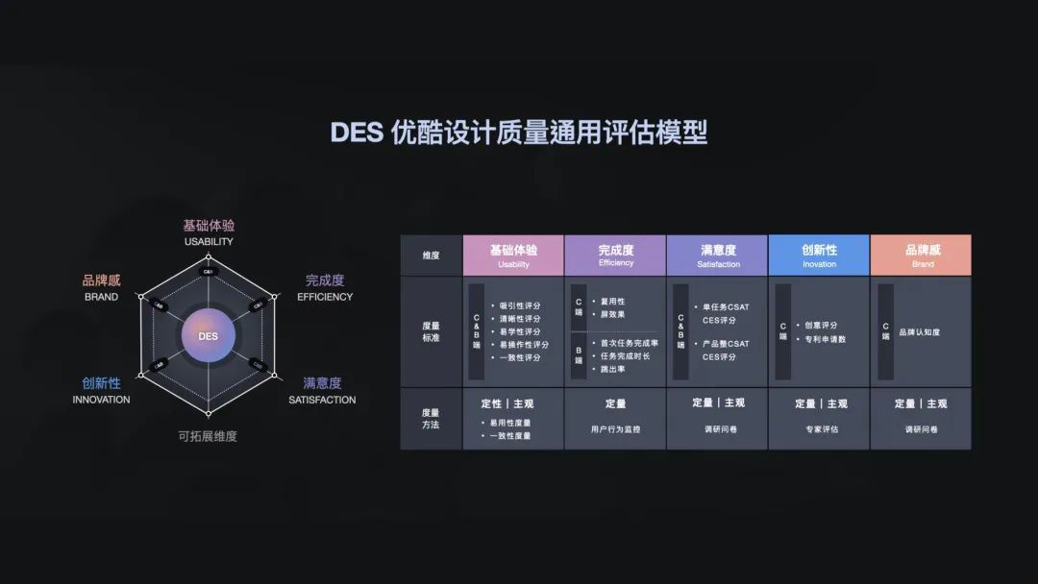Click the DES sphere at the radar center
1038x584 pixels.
pyautogui.click(x=209, y=336)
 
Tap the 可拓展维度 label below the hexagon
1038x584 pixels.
pyautogui.click(x=208, y=436)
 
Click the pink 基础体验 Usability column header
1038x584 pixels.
pyautogui.click(x=513, y=255)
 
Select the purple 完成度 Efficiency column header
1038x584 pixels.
pyautogui.click(x=615, y=255)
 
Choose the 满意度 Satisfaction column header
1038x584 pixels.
pyautogui.click(x=717, y=255)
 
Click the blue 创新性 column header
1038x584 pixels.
pyautogui.click(x=819, y=255)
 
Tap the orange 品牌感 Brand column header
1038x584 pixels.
pyautogui.click(x=921, y=255)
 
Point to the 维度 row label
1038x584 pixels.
pyautogui.click(x=431, y=255)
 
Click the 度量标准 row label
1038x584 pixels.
pyautogui.click(x=431, y=331)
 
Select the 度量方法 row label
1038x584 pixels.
pyautogui.click(x=431, y=418)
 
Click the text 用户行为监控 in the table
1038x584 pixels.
pyautogui.click(x=615, y=429)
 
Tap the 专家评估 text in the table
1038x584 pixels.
pyautogui.click(x=819, y=429)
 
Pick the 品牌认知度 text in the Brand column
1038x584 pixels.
pyautogui.click(x=919, y=332)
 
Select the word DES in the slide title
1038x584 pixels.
pyautogui.click(x=357, y=133)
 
